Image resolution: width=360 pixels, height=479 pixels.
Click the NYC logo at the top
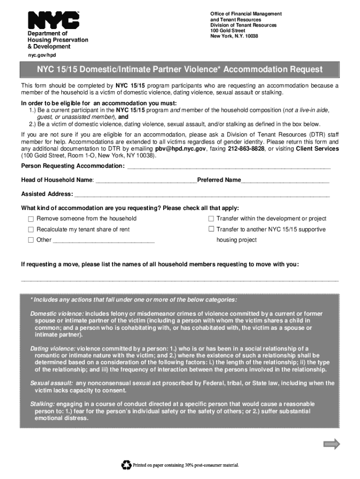pos(54,21)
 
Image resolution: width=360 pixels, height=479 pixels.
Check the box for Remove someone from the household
pos(31,219)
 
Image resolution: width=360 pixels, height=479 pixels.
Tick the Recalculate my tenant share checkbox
pos(31,230)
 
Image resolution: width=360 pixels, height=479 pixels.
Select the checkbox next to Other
pos(31,240)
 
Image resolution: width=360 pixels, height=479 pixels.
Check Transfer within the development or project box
pos(211,218)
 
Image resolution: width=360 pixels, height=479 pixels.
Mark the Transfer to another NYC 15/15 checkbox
pos(211,229)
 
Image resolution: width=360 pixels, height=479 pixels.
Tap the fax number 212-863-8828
pos(246,149)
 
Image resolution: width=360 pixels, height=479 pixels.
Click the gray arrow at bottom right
pos(332,444)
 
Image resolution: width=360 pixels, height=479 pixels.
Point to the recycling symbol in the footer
pos(126,465)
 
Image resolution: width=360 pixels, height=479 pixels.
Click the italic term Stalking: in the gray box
pos(43,404)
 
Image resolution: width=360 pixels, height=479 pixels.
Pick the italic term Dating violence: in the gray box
pos(53,349)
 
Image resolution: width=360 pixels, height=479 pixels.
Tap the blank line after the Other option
pos(104,241)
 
